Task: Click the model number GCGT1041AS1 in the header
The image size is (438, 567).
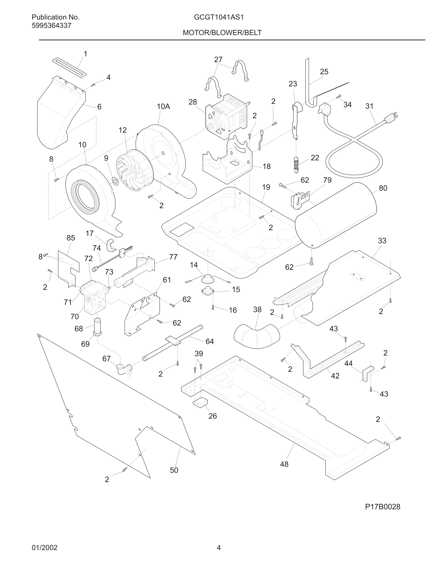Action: (x=219, y=17)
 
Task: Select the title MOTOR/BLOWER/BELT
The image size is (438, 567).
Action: (x=222, y=33)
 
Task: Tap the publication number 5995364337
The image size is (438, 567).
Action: (x=51, y=26)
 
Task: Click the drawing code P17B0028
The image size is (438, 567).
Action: (x=382, y=507)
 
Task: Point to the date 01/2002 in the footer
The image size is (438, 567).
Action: (x=44, y=547)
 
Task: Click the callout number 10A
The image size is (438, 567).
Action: (x=163, y=106)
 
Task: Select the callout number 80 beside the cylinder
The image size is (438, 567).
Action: (x=383, y=188)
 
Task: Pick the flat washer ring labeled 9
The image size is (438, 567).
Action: (x=115, y=181)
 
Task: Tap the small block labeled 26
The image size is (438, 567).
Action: (x=200, y=402)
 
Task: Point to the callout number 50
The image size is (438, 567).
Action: (x=174, y=470)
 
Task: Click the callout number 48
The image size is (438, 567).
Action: (x=284, y=464)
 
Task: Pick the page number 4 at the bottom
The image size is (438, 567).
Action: (x=219, y=547)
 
